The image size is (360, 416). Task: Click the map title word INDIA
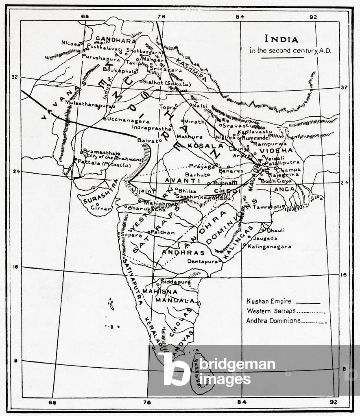(x=281, y=39)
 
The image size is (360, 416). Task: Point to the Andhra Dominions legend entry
(x=273, y=320)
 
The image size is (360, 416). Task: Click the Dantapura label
(x=201, y=261)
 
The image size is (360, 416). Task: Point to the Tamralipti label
(x=267, y=207)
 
